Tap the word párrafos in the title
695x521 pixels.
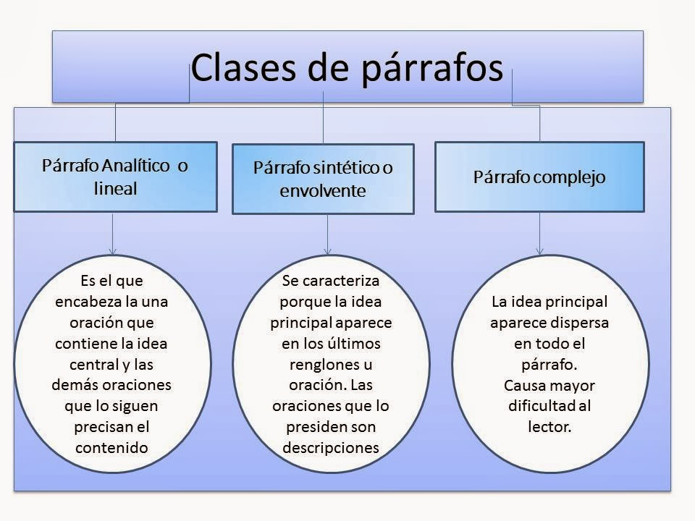pos(428,69)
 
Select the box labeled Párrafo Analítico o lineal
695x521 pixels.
pos(115,176)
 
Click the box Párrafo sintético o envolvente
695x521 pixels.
pos(323,179)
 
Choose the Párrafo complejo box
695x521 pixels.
pos(539,177)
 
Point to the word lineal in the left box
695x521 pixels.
pos(115,188)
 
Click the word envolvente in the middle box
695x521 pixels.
pos(323,191)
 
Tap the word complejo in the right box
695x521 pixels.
pos(570,177)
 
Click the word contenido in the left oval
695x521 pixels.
pos(111,447)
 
